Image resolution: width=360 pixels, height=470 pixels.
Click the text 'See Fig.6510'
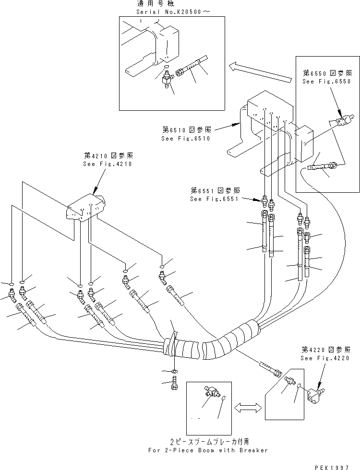pyautogui.click(x=185, y=139)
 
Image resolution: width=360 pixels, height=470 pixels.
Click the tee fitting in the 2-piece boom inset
pyautogui.click(x=209, y=392)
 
